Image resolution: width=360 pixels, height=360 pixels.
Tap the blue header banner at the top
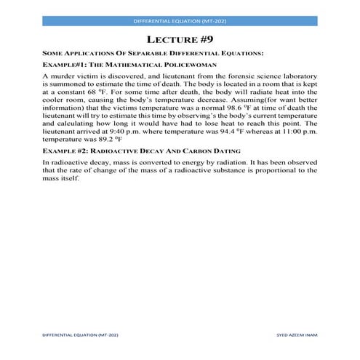point(180,22)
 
